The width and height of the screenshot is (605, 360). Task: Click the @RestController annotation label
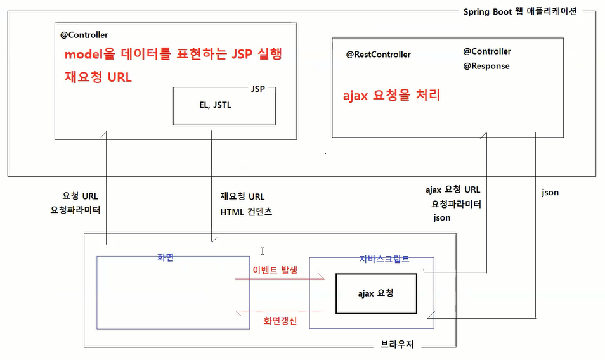[x=378, y=55]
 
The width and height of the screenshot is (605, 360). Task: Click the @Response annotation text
[x=486, y=66]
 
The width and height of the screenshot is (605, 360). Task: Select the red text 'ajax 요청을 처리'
[x=391, y=96]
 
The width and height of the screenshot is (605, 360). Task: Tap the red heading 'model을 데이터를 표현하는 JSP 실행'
[x=173, y=55]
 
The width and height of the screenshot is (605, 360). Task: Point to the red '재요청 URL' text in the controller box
[x=98, y=77]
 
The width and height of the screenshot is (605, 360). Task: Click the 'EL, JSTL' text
[x=215, y=105]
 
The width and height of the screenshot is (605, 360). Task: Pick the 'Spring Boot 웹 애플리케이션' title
[x=520, y=12]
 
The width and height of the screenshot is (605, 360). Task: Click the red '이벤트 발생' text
[x=275, y=269]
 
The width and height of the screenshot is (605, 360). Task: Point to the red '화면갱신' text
[x=280, y=321]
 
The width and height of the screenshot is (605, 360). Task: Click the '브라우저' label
[x=398, y=346]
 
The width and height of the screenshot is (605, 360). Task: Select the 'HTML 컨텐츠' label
[x=246, y=212]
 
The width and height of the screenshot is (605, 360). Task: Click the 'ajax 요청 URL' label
[x=453, y=190]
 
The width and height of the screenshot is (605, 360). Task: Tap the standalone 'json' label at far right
[x=550, y=192]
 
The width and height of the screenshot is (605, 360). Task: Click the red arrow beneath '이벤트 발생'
[x=279, y=278]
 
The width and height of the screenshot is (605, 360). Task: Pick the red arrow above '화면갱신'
[x=279, y=311]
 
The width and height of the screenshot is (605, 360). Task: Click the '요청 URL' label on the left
[x=80, y=196]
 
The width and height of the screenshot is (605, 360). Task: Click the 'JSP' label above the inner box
[x=257, y=89]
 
